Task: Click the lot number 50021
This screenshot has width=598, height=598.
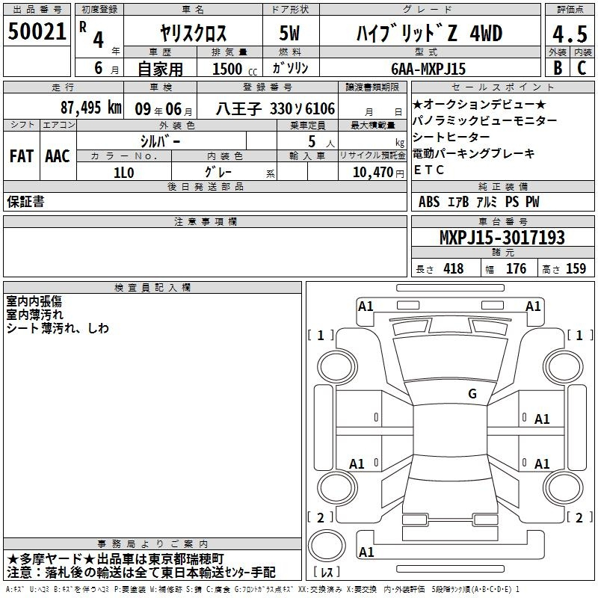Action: (x=37, y=31)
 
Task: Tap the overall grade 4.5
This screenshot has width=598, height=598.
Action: (x=570, y=34)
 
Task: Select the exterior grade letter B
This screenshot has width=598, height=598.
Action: (x=558, y=68)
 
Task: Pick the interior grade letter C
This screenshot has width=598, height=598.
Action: (x=582, y=68)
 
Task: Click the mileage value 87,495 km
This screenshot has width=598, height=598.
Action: (x=91, y=108)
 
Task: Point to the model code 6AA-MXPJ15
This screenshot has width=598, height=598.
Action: (x=428, y=69)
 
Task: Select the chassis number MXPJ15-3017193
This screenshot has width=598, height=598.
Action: (x=502, y=238)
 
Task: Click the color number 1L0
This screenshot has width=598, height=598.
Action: (x=124, y=173)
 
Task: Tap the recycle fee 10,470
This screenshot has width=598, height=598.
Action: (x=373, y=173)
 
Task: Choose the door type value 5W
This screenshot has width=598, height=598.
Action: (x=289, y=33)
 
